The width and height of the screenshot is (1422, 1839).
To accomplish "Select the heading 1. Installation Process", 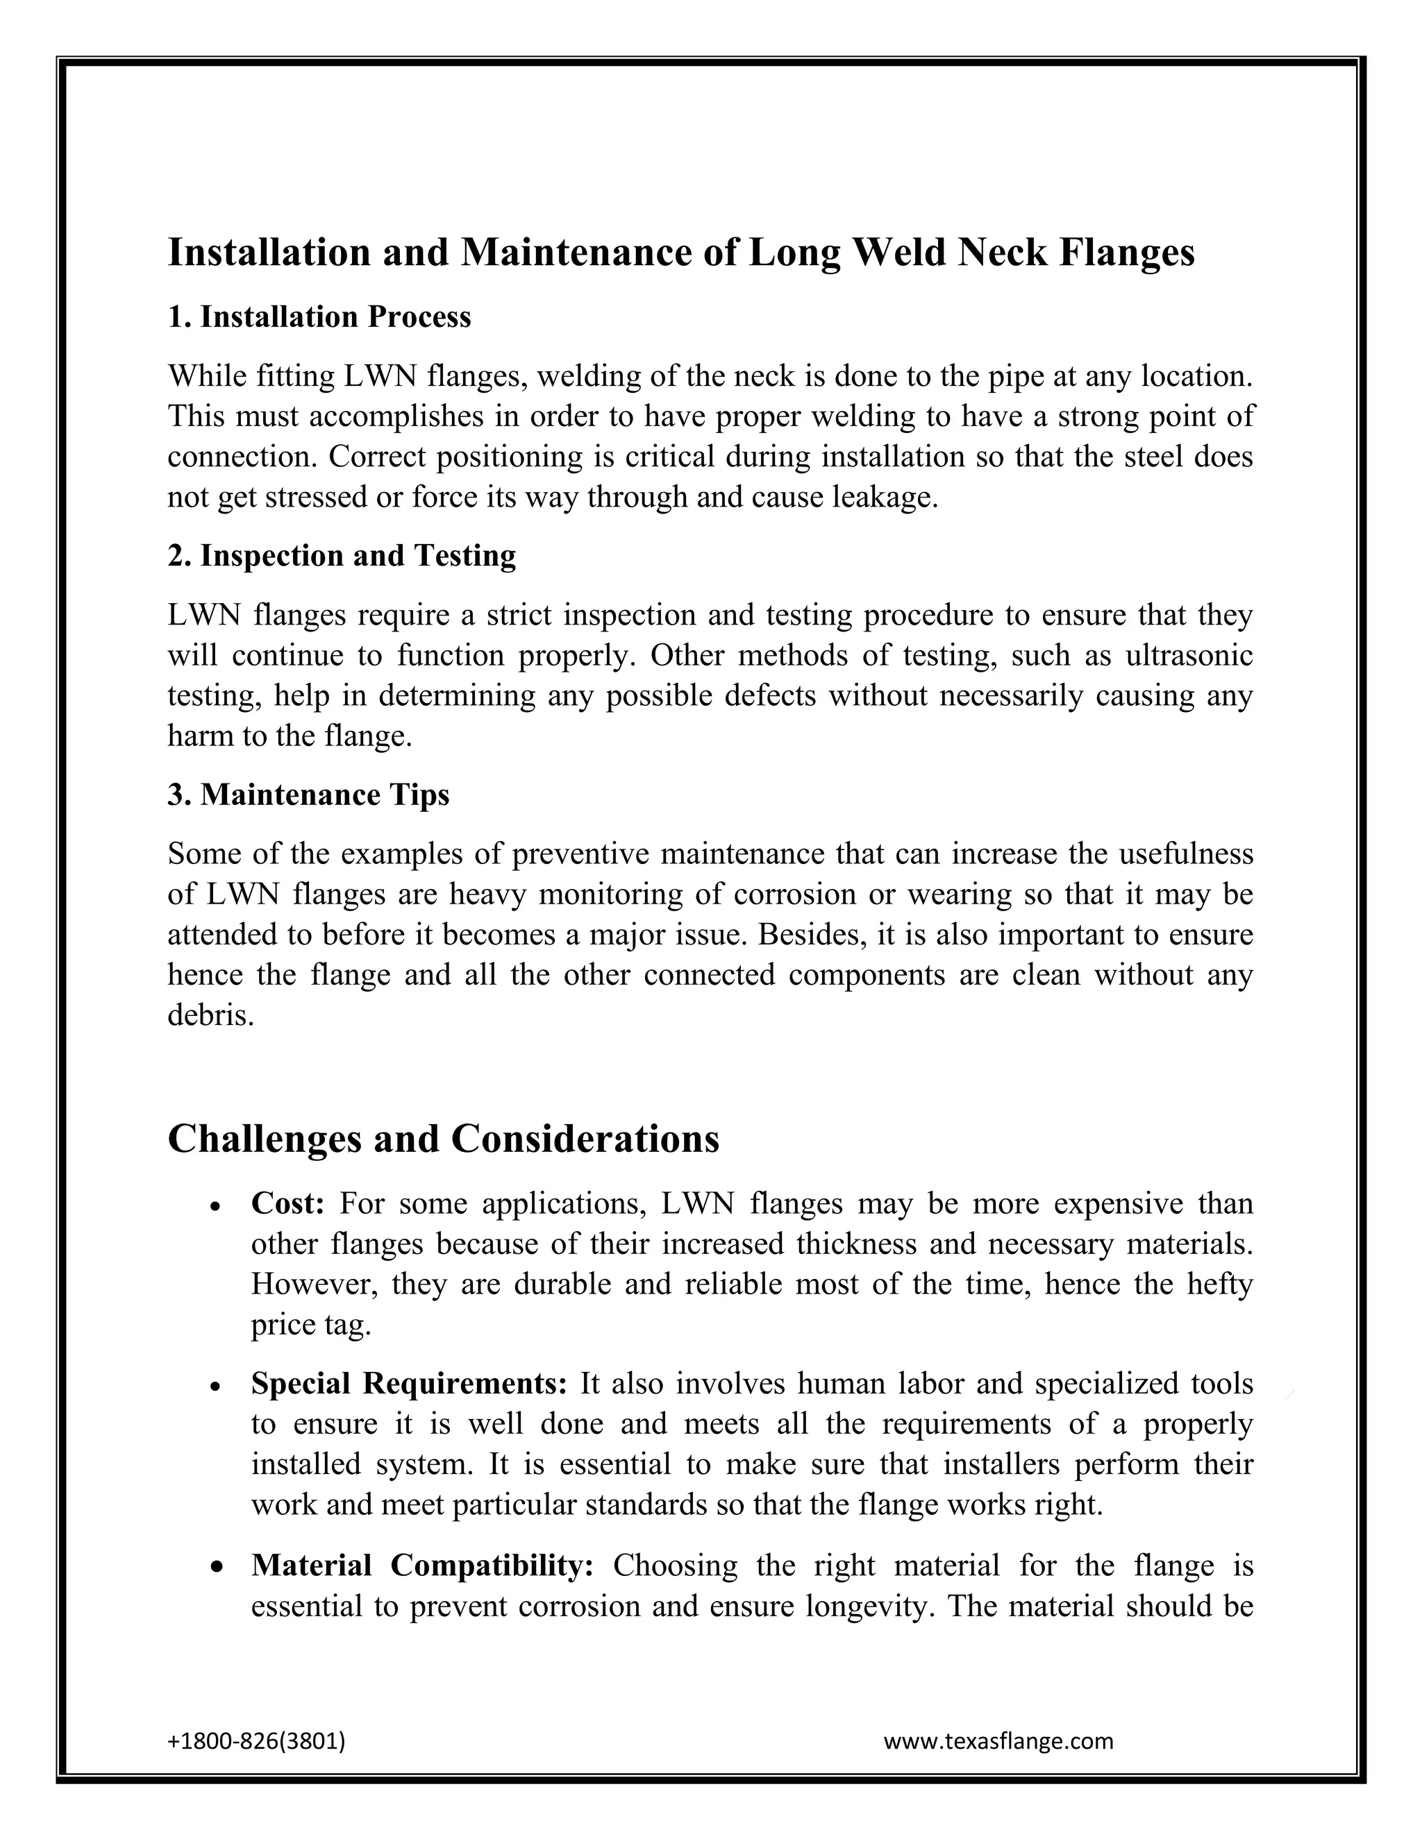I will (319, 317).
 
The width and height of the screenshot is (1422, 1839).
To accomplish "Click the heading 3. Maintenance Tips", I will (308, 795).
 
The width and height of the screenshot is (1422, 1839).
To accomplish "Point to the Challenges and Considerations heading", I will (443, 1139).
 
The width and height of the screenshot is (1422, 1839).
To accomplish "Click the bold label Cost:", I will (287, 1204).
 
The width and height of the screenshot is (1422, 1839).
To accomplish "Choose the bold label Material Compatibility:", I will (423, 1566).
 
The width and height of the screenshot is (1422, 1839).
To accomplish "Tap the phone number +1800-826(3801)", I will (256, 1741).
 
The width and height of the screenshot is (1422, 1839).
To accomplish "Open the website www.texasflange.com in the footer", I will (998, 1741).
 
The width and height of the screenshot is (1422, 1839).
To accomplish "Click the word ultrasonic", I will (1189, 656).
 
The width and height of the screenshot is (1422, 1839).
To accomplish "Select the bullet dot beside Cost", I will (216, 1207).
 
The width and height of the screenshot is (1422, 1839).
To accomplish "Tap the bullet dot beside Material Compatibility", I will (216, 1568).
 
